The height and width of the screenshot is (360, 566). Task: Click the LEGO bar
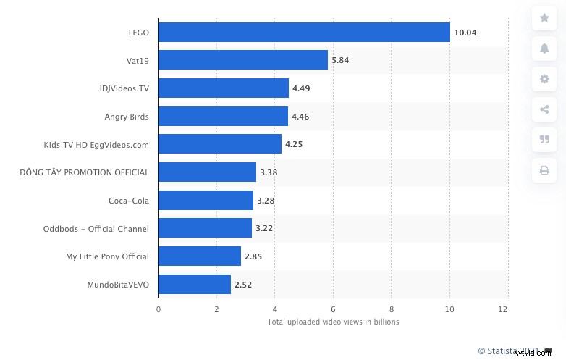coord(304,33)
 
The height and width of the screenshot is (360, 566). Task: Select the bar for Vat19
coord(242,60)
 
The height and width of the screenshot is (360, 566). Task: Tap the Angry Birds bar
coord(223,116)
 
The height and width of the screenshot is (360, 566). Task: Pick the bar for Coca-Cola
coord(206,201)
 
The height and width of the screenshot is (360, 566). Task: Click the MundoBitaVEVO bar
coord(195,285)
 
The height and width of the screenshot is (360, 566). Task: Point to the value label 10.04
coord(465,33)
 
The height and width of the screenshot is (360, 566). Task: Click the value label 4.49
coord(301,88)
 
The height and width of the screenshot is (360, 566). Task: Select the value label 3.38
coord(269,172)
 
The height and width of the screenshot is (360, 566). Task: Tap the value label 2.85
coord(253,256)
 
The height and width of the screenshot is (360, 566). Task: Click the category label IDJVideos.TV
coord(124,88)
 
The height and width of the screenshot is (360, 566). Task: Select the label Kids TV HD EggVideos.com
coord(96,144)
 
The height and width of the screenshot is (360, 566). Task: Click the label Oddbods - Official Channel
coord(96,229)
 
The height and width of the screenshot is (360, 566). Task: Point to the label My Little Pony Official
coord(107,256)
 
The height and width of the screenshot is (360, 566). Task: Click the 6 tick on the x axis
coord(333,309)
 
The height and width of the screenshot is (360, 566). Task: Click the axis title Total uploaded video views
coord(333,322)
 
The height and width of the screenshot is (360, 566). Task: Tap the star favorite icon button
coord(544,18)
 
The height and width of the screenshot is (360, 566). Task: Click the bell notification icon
coord(544,49)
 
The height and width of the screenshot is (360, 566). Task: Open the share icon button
coord(544,109)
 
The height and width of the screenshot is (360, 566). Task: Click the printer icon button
coord(544,170)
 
